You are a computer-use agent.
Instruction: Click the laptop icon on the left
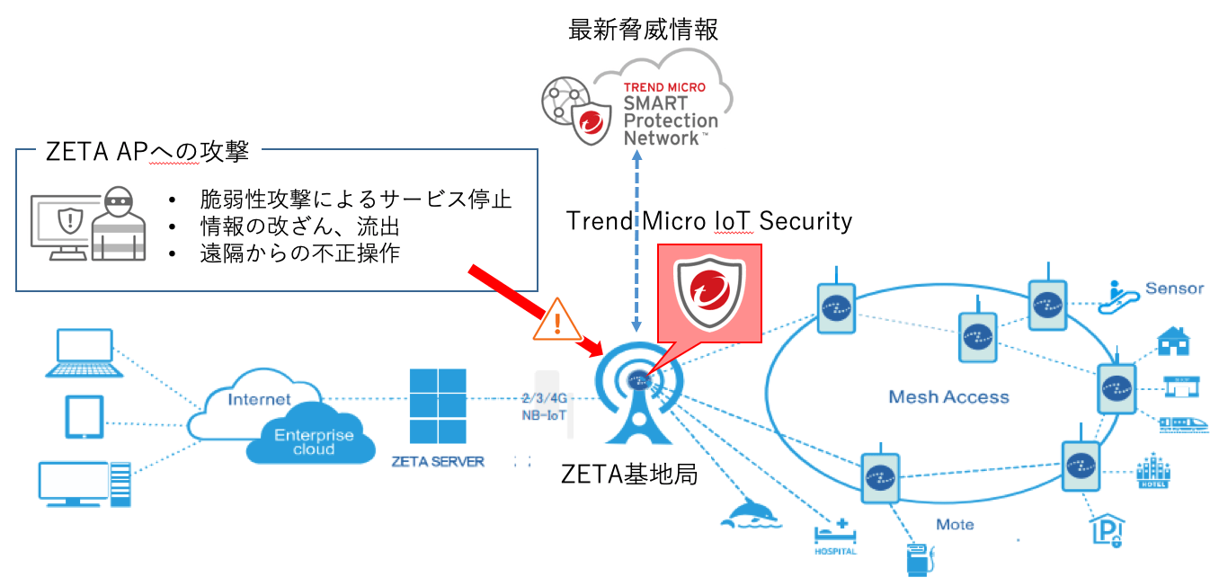tap(85, 352)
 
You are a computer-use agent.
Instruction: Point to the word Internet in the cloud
tap(260, 399)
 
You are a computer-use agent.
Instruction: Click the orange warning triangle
tap(558, 319)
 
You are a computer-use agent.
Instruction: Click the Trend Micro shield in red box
tap(709, 297)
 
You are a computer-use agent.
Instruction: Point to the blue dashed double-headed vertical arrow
tap(637, 244)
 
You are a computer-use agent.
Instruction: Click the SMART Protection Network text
tap(671, 120)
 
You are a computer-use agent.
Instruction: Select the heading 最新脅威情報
tap(643, 30)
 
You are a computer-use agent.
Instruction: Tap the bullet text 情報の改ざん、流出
tap(298, 226)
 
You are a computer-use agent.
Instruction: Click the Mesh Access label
tap(948, 396)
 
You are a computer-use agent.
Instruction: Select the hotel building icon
tap(1152, 471)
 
